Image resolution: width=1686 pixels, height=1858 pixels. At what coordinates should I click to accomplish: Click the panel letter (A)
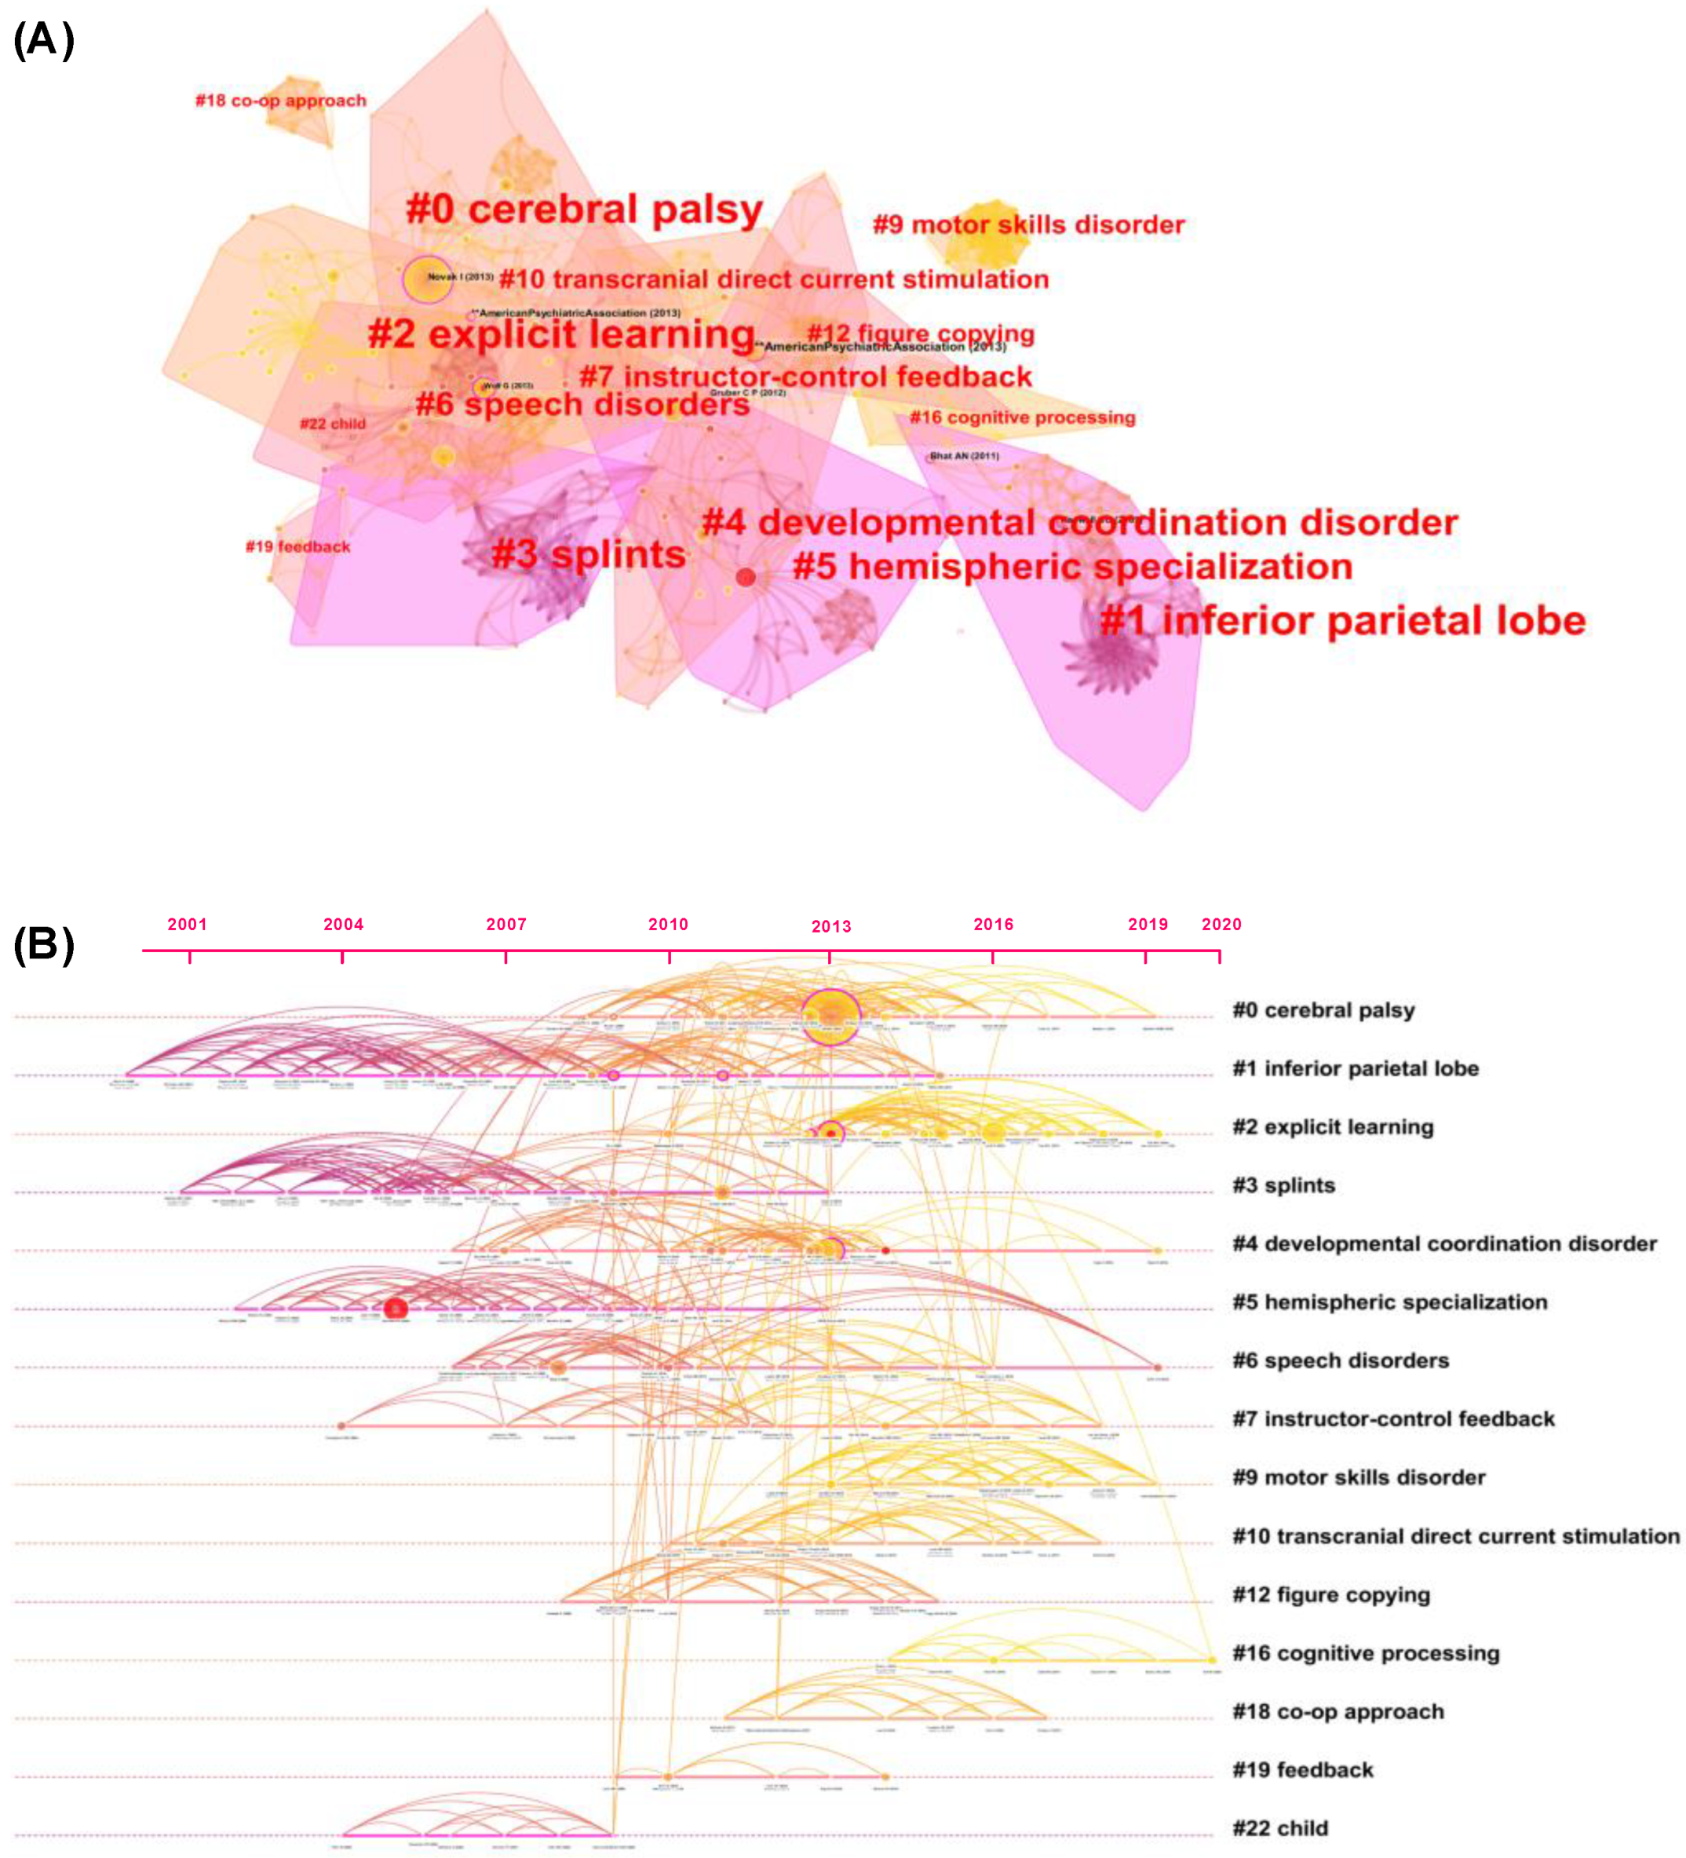(43, 41)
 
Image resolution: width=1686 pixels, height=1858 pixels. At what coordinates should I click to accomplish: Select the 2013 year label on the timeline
(830, 926)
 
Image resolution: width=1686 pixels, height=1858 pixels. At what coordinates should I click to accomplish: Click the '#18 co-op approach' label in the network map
(280, 100)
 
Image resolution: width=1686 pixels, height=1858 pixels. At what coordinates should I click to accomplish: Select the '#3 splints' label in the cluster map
(588, 555)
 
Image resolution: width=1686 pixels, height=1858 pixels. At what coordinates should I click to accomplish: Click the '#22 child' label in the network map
(332, 424)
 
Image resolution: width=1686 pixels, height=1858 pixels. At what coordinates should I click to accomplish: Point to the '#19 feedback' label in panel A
(297, 546)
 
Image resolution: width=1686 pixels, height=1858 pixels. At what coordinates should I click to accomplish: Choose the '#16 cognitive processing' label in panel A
(1021, 418)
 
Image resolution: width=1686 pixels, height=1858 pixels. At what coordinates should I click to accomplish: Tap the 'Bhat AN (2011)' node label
(963, 456)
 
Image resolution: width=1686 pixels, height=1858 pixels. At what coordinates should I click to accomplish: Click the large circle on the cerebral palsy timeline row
(830, 1017)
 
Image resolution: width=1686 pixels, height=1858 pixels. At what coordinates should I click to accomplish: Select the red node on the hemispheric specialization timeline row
(395, 1308)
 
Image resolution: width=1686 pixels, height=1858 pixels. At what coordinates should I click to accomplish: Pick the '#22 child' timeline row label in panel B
(1279, 1827)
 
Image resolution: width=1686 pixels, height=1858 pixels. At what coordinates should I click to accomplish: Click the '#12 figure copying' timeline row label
(1330, 1594)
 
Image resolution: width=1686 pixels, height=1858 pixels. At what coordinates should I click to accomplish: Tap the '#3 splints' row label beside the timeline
(1283, 1185)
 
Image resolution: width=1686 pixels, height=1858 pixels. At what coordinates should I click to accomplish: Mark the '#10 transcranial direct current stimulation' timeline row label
(1454, 1536)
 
